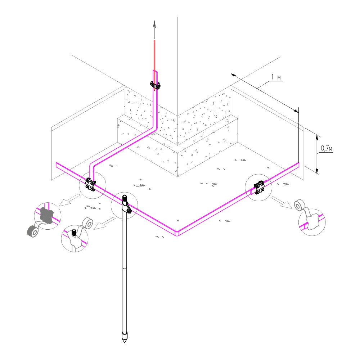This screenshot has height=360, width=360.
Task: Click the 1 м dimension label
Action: tap(276, 77)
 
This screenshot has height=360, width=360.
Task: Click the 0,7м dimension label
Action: tap(327, 148)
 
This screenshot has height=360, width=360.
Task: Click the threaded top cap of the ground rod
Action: tap(125, 197)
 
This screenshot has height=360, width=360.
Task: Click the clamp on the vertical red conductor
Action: tap(155, 85)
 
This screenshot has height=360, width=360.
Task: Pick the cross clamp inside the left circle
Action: tap(90, 184)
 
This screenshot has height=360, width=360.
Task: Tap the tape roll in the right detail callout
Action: tap(300, 205)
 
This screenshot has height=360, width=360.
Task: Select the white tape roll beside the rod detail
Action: tap(88, 223)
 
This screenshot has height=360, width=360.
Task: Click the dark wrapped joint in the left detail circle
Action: tap(46, 216)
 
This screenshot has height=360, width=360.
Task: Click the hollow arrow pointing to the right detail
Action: tap(282, 202)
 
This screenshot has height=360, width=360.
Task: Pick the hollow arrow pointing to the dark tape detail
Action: tap(68, 200)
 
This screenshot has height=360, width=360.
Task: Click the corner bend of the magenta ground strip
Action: tap(177, 233)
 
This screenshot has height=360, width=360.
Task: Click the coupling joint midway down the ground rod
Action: tap(125, 268)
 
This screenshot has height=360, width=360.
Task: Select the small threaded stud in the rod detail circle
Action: tap(74, 233)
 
